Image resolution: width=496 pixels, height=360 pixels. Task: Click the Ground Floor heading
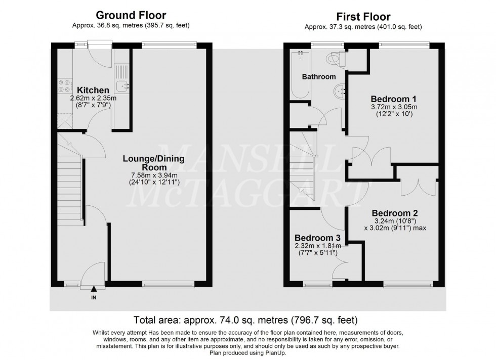[x=131, y=16]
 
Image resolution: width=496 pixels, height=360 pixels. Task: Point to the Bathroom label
[x=319, y=77]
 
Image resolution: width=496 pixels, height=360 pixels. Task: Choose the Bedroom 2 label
[x=395, y=213]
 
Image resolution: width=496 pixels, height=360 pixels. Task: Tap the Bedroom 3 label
[x=317, y=238]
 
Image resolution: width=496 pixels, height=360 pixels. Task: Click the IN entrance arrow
[x=94, y=290]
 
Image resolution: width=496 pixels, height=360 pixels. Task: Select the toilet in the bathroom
[x=335, y=59]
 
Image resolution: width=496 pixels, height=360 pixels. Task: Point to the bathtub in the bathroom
[x=298, y=76]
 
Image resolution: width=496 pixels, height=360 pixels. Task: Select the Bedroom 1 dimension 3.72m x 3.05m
[x=394, y=107]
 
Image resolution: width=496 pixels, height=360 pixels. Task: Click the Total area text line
[x=245, y=320]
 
